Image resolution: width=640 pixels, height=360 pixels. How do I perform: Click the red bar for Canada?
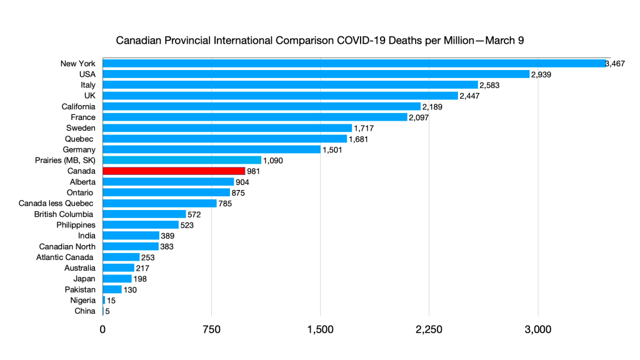tap(174, 171)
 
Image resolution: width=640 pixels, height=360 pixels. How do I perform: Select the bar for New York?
tap(354, 63)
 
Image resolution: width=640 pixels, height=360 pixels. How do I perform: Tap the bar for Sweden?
tap(227, 127)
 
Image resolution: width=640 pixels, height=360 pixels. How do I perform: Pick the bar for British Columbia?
tap(144, 214)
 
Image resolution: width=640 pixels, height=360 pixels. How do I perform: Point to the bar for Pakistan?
tap(112, 289)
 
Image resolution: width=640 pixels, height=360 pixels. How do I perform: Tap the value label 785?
tap(226, 203)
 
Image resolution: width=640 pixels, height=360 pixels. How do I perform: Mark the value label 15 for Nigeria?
tap(111, 301)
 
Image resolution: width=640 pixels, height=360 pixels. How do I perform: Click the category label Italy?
tap(87, 85)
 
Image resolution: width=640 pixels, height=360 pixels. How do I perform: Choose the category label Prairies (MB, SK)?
tap(66, 160)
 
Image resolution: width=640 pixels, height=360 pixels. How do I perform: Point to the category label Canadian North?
tap(67, 246)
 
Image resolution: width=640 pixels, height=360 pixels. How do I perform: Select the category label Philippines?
tap(76, 224)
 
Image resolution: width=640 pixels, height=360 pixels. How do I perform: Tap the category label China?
tap(84, 311)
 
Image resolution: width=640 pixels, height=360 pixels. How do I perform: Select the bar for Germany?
tap(211, 149)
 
